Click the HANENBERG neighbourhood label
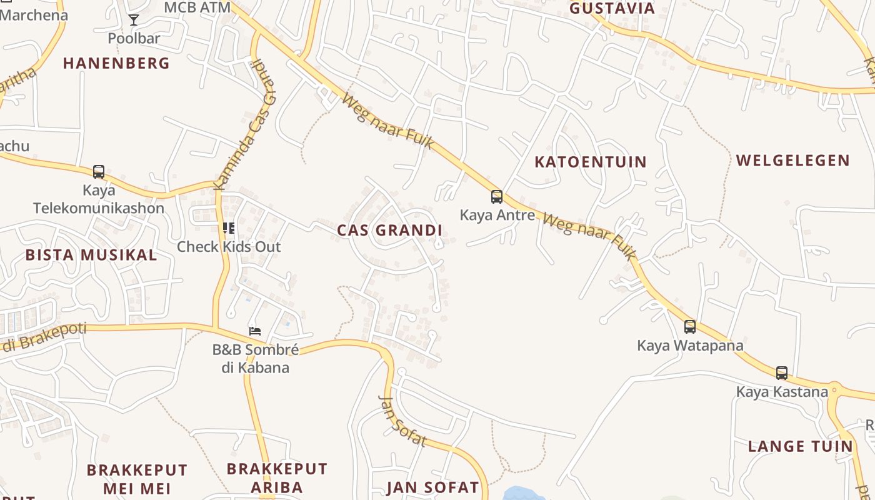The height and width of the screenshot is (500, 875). [116, 63]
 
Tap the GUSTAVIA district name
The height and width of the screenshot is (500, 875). [612, 8]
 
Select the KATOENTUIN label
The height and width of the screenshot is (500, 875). [591, 162]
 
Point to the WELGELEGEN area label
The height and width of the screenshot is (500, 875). [792, 161]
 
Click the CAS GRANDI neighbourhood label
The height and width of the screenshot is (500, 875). [389, 231]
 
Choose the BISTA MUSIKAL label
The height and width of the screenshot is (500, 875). [91, 255]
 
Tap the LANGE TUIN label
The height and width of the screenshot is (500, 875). [800, 446]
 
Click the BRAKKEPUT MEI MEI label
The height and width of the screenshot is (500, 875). [137, 479]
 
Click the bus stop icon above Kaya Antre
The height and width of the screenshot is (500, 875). [497, 197]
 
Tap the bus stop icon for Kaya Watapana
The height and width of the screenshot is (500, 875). [690, 326]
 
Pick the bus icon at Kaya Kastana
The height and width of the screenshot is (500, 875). [781, 373]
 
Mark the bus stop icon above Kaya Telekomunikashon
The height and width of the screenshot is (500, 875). [99, 171]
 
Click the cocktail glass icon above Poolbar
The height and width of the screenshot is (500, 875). [134, 20]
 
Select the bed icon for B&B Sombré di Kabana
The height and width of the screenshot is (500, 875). [255, 331]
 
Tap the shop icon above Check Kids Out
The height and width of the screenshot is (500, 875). [229, 227]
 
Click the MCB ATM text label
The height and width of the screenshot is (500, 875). [197, 7]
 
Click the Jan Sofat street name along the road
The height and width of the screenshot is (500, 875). [403, 421]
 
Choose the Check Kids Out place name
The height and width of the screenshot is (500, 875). [229, 247]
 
